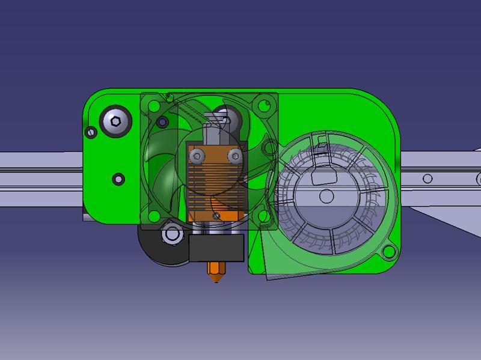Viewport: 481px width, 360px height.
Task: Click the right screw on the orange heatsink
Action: pos(233,156)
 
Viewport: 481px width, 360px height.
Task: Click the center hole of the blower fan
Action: pos(326,196)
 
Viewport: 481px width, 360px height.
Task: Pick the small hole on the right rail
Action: pos(427,178)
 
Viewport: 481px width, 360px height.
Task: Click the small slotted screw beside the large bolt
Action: pos(91,131)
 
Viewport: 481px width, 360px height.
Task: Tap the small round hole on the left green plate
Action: pos(118,178)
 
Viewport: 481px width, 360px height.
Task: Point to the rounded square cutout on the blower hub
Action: pos(323,175)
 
